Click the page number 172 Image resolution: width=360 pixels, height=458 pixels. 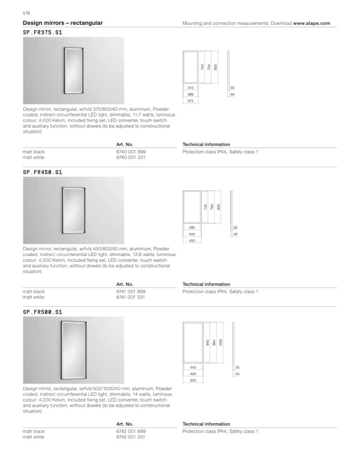pos(26,12)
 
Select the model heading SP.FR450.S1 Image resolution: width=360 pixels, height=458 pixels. pos(43,172)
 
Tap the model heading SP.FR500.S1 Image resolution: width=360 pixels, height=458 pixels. pos(43,312)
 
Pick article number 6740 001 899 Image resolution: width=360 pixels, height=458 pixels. pos(131,151)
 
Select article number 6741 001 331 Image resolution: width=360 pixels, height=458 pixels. pos(131,297)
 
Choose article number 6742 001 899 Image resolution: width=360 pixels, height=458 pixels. pos(131,431)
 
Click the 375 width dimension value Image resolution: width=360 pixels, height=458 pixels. pos(190,101)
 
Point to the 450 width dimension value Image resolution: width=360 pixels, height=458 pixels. pos(192,241)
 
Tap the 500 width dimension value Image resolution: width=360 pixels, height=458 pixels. pos(193,380)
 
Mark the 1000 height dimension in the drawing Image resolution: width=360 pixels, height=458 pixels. pos(221,343)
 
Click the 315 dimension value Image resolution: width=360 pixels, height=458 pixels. pos(190,88)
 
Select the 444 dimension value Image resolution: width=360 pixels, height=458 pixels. pos(192,234)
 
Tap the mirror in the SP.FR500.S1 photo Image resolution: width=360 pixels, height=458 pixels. pos(74,349)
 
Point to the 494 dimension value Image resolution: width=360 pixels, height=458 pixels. pos(193,373)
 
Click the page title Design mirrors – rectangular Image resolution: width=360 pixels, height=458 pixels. pos(63,23)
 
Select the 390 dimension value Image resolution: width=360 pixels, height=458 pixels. pos(192,227)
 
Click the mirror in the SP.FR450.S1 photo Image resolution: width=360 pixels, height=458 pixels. pos(73,210)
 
